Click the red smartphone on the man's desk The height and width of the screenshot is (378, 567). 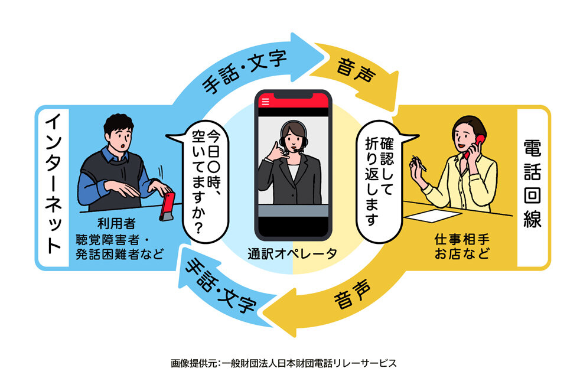pos(167,206)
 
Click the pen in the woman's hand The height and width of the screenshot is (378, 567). pos(419,163)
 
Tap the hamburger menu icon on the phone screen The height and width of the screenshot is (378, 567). pos(265,102)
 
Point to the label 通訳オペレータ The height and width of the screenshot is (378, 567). pos(292,253)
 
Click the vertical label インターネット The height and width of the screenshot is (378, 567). pos(53,184)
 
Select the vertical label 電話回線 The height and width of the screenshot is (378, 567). pos(532,184)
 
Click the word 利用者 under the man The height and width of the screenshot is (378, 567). pos(116,223)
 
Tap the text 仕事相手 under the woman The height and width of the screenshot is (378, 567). pos(462,239)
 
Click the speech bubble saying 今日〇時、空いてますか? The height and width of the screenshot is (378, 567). pos(203,181)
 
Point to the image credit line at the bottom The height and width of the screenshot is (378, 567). pos(283,363)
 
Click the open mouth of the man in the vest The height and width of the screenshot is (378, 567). pos(123,146)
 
